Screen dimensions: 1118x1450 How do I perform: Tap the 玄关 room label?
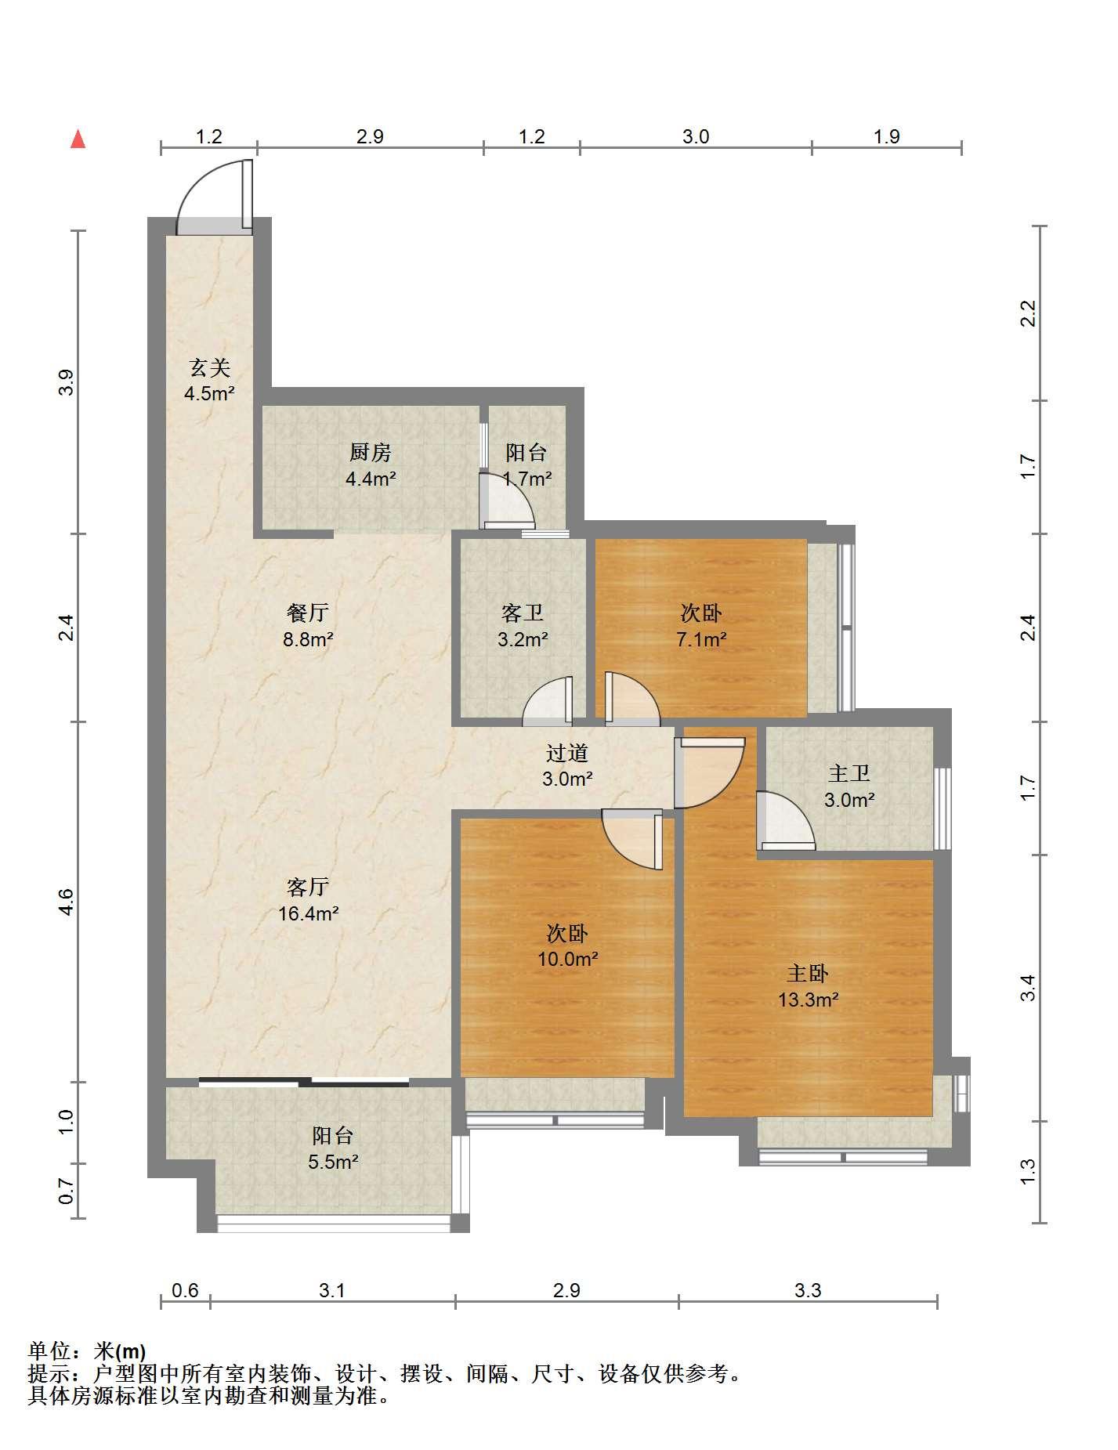point(210,367)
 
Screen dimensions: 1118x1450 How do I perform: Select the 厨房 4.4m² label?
point(371,465)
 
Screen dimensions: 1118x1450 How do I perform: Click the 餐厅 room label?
point(308,613)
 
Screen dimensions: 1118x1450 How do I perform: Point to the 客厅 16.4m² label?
point(308,900)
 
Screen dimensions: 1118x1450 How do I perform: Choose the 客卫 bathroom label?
point(523,613)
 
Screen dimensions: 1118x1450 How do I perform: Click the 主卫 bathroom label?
point(849,774)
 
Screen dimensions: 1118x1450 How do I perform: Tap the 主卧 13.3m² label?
point(808,986)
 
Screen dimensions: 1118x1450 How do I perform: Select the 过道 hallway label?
point(567,753)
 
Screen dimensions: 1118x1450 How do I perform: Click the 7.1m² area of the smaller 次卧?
point(701,639)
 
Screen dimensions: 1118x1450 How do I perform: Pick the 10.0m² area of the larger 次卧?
point(568,959)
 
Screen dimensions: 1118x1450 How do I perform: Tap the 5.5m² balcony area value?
point(333,1162)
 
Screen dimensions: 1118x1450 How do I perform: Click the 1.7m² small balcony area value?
point(526,478)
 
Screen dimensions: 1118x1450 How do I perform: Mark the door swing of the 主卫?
point(786,820)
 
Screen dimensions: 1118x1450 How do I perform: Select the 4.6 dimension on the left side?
point(67,902)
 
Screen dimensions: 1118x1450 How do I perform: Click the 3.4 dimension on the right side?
point(1029,987)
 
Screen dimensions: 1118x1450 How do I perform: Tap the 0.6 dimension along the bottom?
point(185,1289)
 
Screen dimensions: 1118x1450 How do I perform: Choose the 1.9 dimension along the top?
point(886,136)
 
